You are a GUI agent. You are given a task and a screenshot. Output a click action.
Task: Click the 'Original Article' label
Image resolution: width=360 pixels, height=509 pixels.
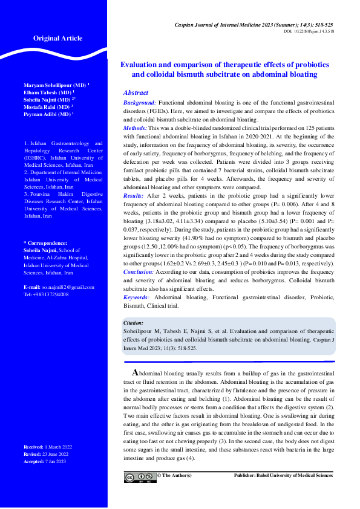pos(57,38)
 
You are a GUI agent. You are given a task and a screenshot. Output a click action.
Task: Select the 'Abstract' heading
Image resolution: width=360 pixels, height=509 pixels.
pos(136,93)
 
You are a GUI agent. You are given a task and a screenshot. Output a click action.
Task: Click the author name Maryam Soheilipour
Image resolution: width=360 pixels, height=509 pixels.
pos(54,85)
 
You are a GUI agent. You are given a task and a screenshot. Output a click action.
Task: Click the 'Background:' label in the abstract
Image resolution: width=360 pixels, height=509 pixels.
pos(140,104)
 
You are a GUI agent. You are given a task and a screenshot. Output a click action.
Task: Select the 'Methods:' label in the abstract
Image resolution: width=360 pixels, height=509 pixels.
pos(136,128)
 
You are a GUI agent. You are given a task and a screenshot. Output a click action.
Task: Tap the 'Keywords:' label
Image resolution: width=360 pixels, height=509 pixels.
pos(137,297)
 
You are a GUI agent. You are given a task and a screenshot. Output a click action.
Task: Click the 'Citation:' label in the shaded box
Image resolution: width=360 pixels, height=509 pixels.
pos(133,323)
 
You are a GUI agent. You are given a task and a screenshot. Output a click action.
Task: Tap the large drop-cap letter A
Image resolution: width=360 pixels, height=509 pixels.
pos(136,372)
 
